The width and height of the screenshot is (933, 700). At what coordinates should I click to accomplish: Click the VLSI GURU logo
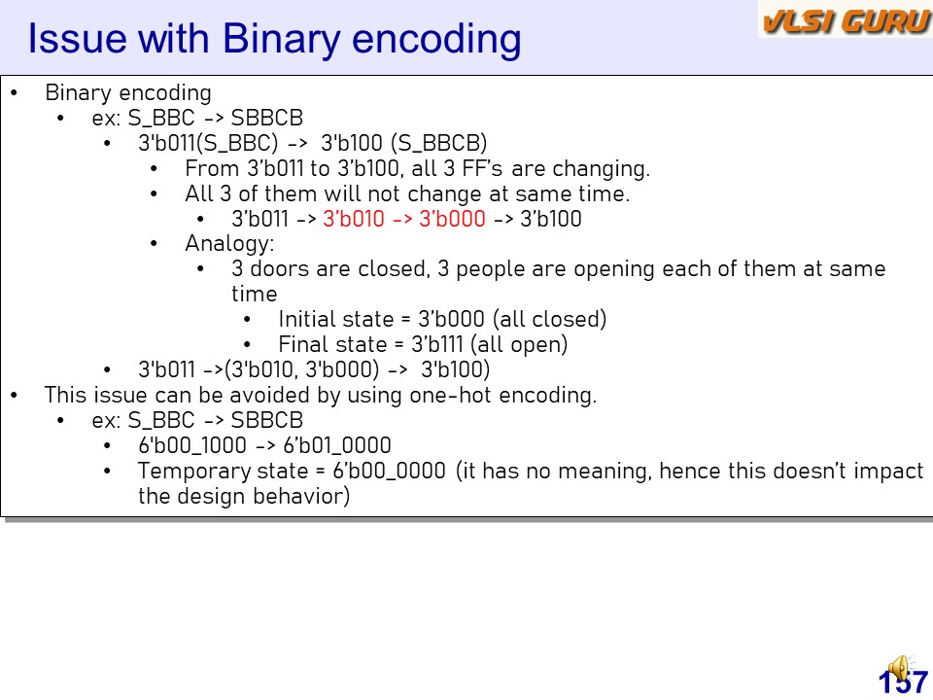pos(846,20)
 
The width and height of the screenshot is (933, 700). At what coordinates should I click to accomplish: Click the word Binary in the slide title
pos(282,39)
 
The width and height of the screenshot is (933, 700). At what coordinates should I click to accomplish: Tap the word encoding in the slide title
pos(436,39)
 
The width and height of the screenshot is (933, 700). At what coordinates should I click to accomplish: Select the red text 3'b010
pos(354,219)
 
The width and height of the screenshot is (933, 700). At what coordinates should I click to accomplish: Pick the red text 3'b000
pos(452,219)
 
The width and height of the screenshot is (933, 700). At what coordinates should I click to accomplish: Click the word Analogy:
pos(229,244)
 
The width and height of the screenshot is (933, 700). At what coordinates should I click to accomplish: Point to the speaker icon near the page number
pos(901,668)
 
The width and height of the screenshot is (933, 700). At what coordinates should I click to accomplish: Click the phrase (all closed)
pos(550,319)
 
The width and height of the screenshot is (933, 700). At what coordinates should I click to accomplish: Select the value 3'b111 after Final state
pos(437,344)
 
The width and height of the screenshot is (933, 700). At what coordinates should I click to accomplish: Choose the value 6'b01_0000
pos(337,445)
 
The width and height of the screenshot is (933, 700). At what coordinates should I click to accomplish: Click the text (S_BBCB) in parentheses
pos(439,143)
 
